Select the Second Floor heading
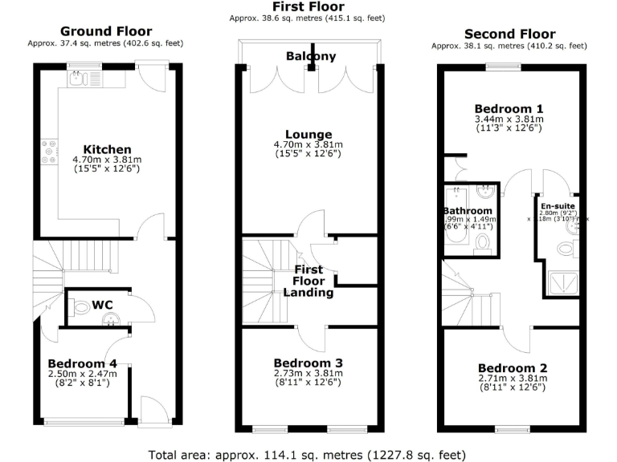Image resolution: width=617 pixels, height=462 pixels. tap(509, 34)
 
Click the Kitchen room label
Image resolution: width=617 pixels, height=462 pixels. tap(107, 149)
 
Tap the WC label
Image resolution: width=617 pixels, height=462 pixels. tap(102, 305)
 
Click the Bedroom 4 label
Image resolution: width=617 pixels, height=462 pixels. tap(82, 363)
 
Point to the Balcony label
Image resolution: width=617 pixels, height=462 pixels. tap(310, 56)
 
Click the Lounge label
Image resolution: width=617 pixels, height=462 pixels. tap(308, 134)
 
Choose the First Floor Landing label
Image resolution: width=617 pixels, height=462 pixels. tap(308, 281)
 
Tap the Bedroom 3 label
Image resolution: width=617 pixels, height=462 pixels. tap(308, 362)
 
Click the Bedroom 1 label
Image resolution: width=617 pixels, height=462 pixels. tap(509, 108)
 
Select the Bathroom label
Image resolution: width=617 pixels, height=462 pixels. tap(468, 211)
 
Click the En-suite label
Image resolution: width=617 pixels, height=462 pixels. tap(570, 205)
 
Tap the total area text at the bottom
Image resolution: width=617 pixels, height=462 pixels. tap(308, 453)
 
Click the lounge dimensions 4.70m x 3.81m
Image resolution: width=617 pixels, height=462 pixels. tap(308, 144)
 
